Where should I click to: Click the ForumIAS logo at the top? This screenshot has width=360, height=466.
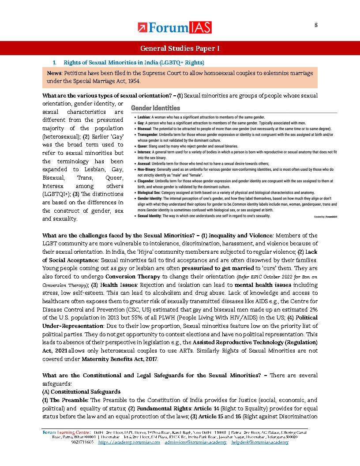(x=175, y=27)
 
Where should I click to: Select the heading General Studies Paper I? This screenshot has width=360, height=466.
(x=180, y=48)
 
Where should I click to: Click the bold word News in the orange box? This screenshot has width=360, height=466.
(x=55, y=72)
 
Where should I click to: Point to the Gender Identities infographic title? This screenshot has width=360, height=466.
(x=155, y=108)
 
